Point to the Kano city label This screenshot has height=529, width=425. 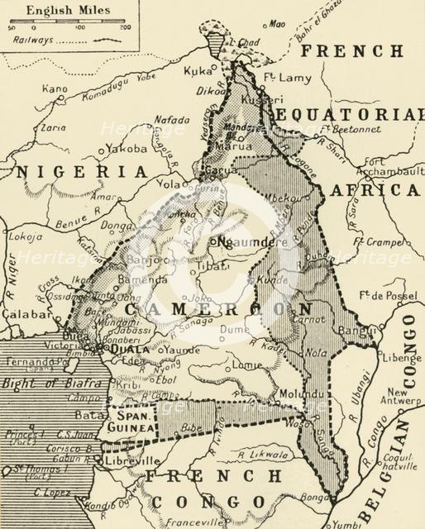(x=55, y=88)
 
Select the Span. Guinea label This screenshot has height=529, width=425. (x=131, y=422)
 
